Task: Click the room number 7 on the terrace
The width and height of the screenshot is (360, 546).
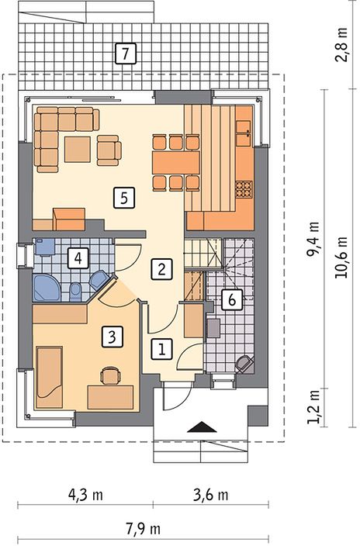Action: coord(125,54)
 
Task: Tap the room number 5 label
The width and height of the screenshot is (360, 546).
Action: coord(123,198)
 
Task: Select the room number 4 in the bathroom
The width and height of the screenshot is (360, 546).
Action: coord(78,258)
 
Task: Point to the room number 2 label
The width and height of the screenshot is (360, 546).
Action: coord(161,269)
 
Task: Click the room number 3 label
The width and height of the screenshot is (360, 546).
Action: coord(112,337)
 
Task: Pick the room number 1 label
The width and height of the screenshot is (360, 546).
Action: coord(161,349)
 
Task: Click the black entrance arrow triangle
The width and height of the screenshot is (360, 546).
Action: coord(202,427)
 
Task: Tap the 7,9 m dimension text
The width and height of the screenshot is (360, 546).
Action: coord(144,529)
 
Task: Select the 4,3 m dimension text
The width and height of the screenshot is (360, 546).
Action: coord(85,494)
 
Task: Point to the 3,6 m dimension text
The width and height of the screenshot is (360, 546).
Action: coord(211,494)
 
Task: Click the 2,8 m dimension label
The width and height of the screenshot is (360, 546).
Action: coord(341,44)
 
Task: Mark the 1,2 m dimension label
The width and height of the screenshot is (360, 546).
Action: coord(313,406)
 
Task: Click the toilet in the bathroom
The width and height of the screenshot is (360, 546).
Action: coord(75,292)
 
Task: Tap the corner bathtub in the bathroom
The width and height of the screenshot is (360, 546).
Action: coord(47,288)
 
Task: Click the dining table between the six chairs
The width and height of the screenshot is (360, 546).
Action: coord(176,163)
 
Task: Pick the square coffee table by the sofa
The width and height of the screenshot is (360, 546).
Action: coord(78,150)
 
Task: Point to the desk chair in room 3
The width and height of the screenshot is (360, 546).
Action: coord(110,375)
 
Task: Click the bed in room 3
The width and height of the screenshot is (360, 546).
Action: coord(49,377)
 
